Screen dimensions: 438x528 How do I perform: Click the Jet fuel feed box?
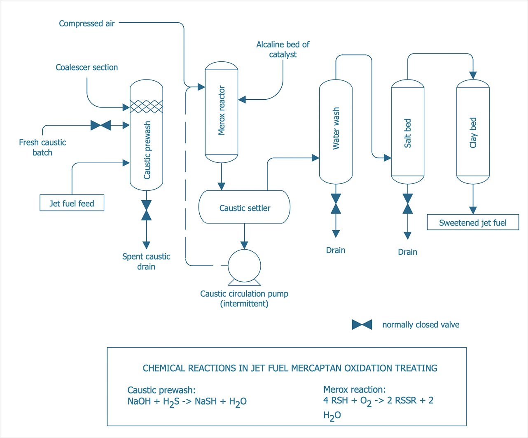(72, 203)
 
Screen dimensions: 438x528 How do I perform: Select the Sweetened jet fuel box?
(472, 223)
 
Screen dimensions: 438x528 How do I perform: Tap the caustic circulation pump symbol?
(244, 266)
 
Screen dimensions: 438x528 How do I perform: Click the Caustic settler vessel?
(245, 207)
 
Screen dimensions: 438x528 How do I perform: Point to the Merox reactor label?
(222, 110)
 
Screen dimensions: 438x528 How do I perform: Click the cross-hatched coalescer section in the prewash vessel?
(146, 106)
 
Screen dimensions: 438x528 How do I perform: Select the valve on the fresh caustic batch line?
(100, 125)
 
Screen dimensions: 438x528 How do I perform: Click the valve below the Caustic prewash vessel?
(146, 210)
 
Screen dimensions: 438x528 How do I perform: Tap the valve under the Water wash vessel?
(336, 204)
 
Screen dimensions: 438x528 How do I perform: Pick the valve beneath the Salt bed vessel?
(407, 204)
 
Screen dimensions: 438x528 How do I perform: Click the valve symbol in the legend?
(362, 325)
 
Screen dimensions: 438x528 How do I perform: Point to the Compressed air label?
(86, 23)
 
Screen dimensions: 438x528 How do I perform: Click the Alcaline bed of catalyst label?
(283, 49)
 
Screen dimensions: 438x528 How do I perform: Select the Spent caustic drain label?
(146, 261)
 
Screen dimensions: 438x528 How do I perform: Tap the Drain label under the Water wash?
(336, 250)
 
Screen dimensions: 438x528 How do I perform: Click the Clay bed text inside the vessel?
(473, 133)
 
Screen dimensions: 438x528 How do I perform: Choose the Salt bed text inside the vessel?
(407, 133)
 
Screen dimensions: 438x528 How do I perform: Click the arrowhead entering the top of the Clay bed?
(473, 75)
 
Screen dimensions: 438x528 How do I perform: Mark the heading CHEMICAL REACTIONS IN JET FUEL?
(290, 368)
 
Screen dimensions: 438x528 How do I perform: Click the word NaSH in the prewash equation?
(206, 401)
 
